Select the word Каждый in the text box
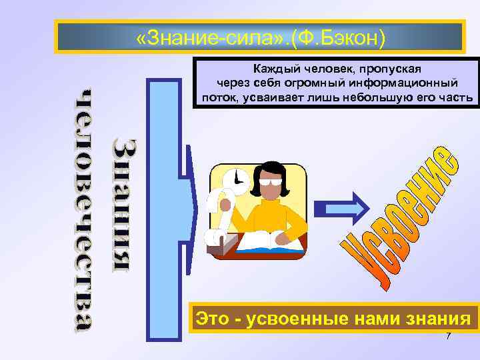[273, 69]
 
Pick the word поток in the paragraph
[218, 98]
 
